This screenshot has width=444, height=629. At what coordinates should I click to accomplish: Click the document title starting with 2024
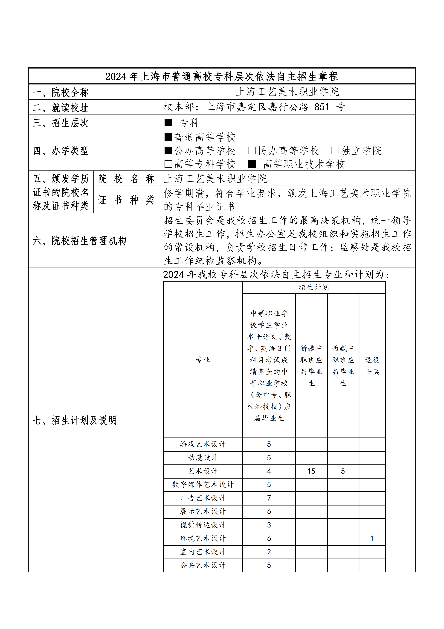(x=222, y=76)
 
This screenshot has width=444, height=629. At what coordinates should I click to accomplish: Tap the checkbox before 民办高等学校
(x=251, y=150)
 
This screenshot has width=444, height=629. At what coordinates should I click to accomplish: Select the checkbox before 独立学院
(x=335, y=150)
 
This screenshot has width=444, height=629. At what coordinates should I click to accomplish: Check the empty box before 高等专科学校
(x=168, y=164)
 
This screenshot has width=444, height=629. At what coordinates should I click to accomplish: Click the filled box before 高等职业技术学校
(x=252, y=164)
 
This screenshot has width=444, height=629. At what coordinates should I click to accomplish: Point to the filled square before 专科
(x=168, y=123)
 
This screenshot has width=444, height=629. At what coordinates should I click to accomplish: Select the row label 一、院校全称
(x=61, y=92)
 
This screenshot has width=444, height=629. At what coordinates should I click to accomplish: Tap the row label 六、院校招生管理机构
(x=79, y=240)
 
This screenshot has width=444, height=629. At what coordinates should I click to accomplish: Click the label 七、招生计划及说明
(x=75, y=420)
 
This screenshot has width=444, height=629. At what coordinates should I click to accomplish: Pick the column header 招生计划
(x=314, y=287)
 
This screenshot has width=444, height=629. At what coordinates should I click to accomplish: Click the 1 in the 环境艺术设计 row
(x=372, y=538)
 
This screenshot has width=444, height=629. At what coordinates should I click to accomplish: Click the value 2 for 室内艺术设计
(x=269, y=552)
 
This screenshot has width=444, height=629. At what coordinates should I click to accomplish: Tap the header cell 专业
(x=203, y=360)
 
